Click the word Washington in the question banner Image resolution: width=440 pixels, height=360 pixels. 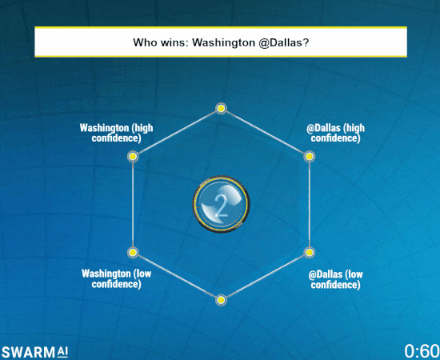click(223, 42)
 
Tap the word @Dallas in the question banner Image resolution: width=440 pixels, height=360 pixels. click(283, 42)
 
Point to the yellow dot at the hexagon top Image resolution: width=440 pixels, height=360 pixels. click(221, 108)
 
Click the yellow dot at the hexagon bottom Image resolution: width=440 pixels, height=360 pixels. click(221, 300)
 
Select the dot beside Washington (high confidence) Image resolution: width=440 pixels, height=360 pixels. click(133, 156)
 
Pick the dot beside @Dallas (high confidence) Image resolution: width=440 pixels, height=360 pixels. click(309, 156)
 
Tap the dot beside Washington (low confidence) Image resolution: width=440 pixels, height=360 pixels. click(133, 252)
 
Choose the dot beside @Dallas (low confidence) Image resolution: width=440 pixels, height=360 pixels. click(309, 252)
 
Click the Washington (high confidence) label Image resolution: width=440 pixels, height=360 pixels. click(117, 133)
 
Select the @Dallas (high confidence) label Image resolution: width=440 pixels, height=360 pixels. click(336, 133)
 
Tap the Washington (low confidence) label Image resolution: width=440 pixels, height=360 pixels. click(117, 278)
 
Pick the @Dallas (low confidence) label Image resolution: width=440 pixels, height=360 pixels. click(336, 279)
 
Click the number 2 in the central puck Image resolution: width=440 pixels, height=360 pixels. click(221, 206)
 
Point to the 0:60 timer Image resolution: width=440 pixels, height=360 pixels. click(422, 351)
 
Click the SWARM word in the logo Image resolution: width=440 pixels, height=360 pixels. click(29, 352)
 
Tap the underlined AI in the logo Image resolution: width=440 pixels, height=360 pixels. click(63, 351)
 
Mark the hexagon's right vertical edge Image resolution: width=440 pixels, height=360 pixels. click(310, 204)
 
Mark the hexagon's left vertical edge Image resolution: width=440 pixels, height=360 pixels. click(133, 204)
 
